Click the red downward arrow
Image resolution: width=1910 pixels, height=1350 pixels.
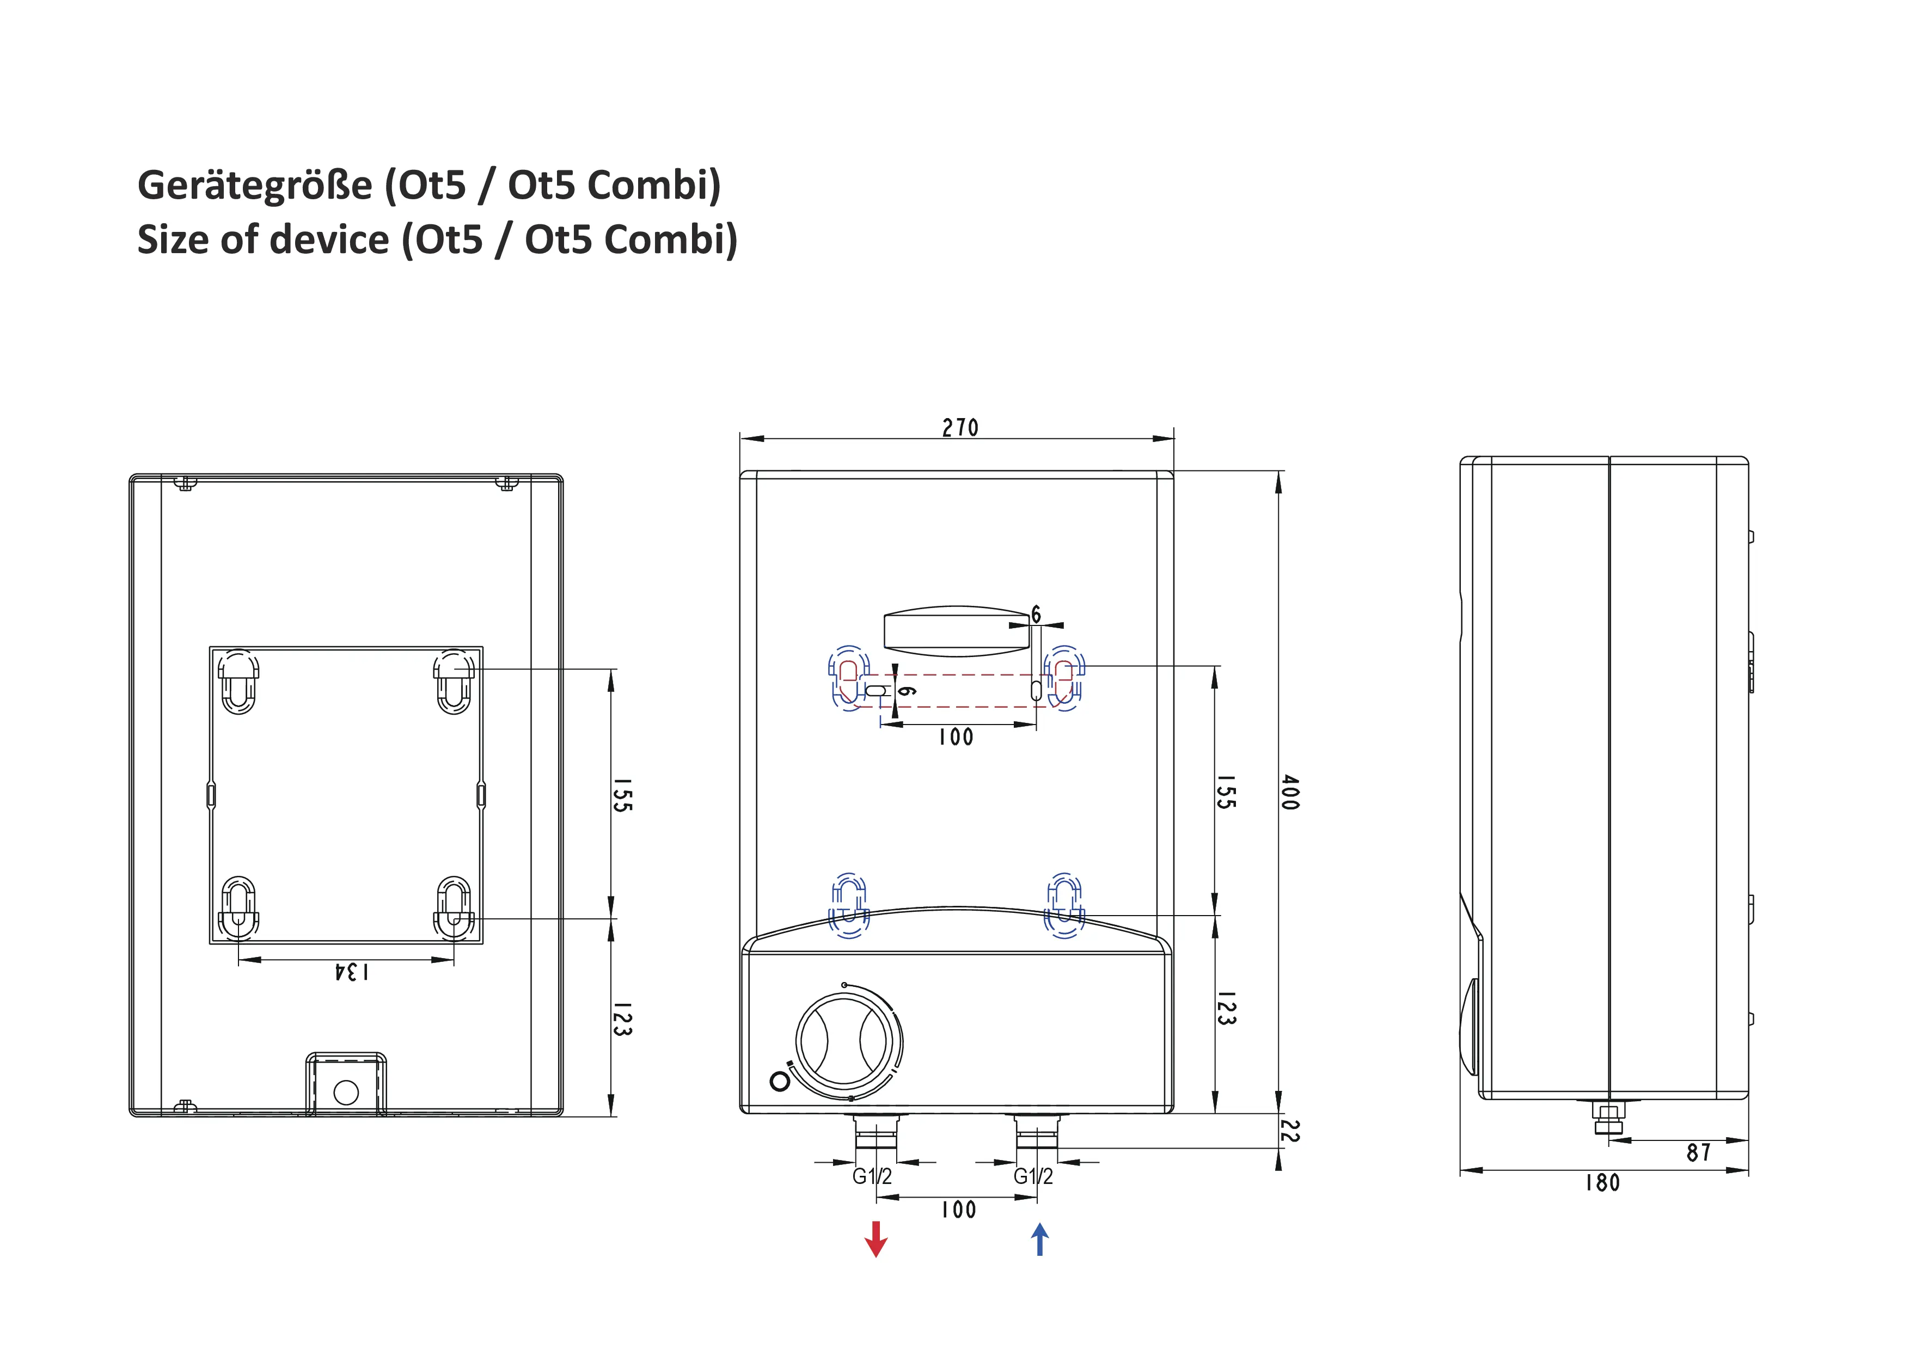876,1238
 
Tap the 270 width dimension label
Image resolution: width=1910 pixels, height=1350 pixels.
960,427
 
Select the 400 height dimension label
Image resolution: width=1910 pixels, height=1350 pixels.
1289,792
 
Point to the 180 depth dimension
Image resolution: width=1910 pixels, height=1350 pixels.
1602,1183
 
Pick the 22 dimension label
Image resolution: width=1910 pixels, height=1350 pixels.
1289,1131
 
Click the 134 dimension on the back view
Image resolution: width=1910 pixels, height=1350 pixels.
351,972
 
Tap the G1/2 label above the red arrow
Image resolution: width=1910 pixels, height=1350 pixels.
872,1176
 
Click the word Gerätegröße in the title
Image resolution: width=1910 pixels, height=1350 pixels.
255,185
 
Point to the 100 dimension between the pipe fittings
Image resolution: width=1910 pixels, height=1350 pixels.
958,1210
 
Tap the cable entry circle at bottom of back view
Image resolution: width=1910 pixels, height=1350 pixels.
346,1092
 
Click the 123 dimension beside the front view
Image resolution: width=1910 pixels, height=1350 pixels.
1226,1008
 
